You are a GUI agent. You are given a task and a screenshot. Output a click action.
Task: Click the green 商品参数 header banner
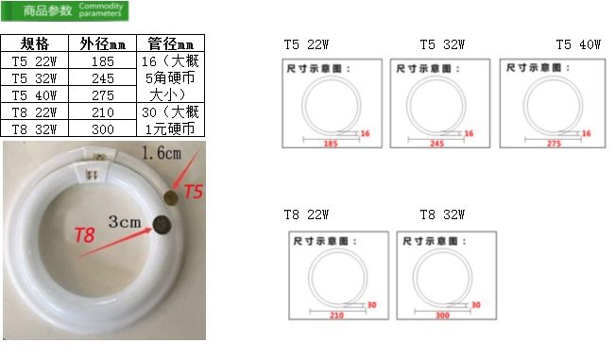click(x=66, y=12)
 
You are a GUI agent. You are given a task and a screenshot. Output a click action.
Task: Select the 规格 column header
click(x=35, y=44)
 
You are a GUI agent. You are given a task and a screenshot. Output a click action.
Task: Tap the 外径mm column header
click(x=103, y=44)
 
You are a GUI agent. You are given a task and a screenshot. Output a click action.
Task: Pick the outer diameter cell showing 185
click(x=103, y=61)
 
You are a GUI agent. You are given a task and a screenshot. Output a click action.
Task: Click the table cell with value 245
click(x=103, y=78)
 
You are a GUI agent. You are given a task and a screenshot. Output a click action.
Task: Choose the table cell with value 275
click(x=103, y=95)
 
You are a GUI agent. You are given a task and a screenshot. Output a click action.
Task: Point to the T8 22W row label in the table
click(x=35, y=112)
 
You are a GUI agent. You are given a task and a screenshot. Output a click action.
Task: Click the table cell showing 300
click(x=103, y=129)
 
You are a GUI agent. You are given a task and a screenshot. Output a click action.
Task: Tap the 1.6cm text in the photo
click(x=162, y=153)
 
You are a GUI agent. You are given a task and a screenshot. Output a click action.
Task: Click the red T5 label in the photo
click(x=193, y=192)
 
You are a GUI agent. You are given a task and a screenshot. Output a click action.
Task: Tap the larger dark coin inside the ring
click(x=162, y=225)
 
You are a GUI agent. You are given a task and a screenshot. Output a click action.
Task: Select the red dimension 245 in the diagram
click(x=436, y=143)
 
